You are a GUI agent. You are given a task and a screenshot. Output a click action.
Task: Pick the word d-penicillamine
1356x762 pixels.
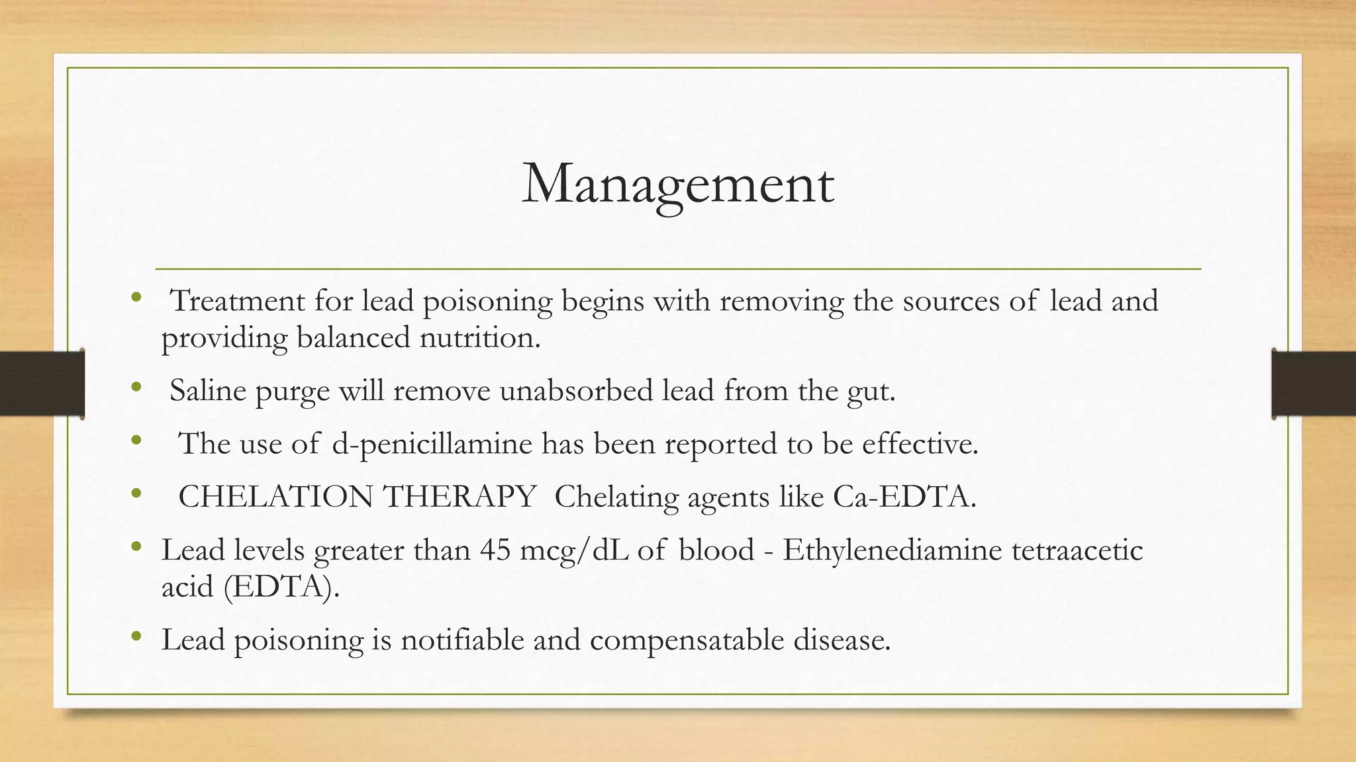point(432,444)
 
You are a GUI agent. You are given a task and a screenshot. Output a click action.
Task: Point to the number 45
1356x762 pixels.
point(495,550)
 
